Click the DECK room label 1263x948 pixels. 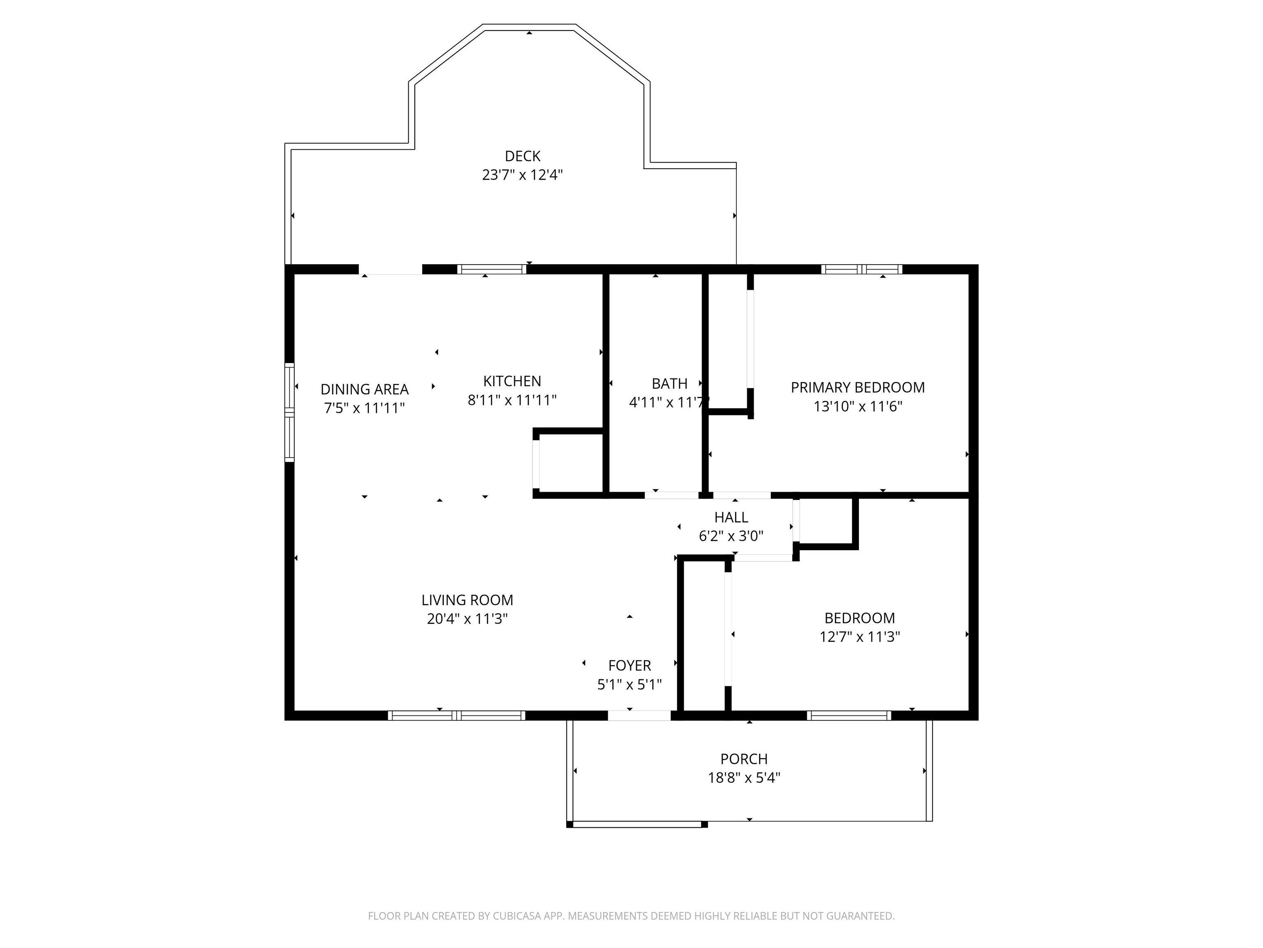coord(523,156)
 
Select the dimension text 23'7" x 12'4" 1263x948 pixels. coord(523,175)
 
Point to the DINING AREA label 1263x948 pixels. coord(364,389)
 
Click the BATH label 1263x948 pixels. coord(669,383)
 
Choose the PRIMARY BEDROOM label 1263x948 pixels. coord(858,388)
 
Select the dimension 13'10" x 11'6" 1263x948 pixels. coord(858,406)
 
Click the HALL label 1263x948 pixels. coord(731,517)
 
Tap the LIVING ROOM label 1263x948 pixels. coord(467,600)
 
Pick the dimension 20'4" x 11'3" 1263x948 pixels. coord(467,619)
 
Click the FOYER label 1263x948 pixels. coord(629,666)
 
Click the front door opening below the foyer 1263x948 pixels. coord(639,715)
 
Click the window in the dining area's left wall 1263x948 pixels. coord(289,412)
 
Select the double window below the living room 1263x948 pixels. coord(456,715)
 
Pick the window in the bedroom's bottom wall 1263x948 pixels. coord(849,715)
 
